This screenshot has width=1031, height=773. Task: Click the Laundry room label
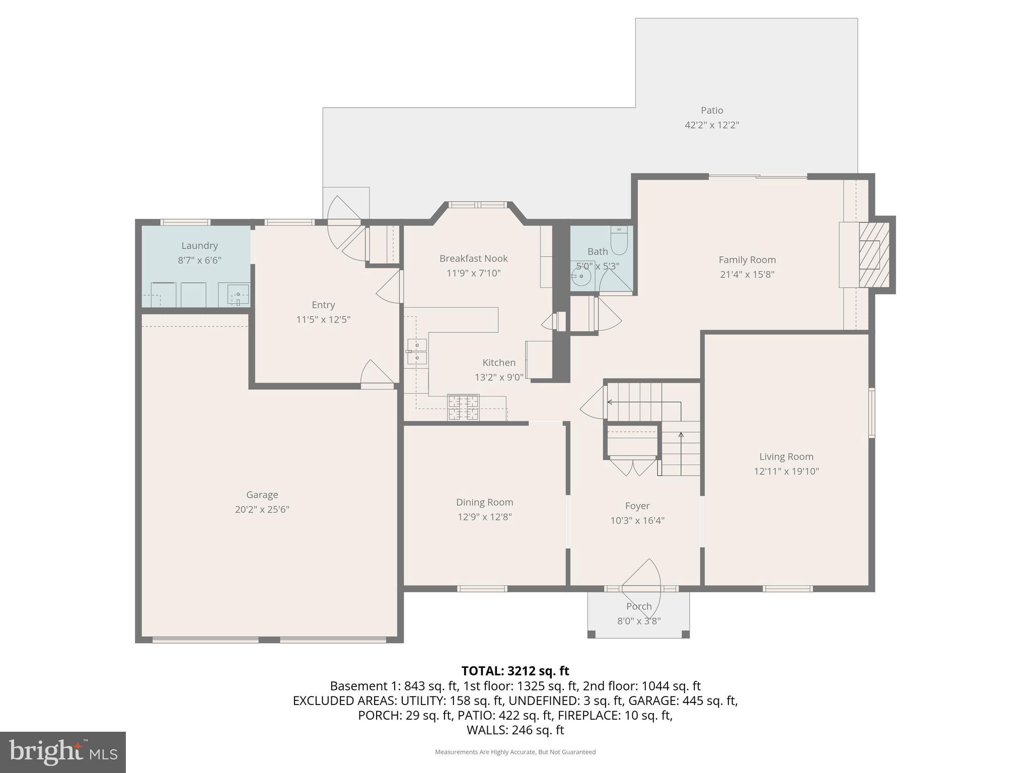coord(199,246)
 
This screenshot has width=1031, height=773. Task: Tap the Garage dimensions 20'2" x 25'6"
coord(262,509)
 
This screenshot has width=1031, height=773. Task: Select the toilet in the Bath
coord(619,241)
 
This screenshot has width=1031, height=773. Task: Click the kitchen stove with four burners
coord(463,408)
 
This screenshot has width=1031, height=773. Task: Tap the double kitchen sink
coord(417,351)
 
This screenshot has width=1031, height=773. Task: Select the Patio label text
coord(712,110)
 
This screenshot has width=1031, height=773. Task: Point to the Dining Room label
coord(484,502)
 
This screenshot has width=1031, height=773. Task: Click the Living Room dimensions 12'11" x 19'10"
coord(786,472)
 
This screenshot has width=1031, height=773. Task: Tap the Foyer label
coord(637,506)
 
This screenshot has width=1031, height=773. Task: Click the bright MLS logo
coord(63,752)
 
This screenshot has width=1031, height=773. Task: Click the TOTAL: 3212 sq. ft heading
coord(515,671)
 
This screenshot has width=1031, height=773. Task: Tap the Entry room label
coord(323,305)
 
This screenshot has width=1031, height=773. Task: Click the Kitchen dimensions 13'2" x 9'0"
coord(499,377)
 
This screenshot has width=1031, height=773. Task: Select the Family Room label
coord(747,260)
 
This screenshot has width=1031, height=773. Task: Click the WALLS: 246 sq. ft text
coord(515,730)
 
